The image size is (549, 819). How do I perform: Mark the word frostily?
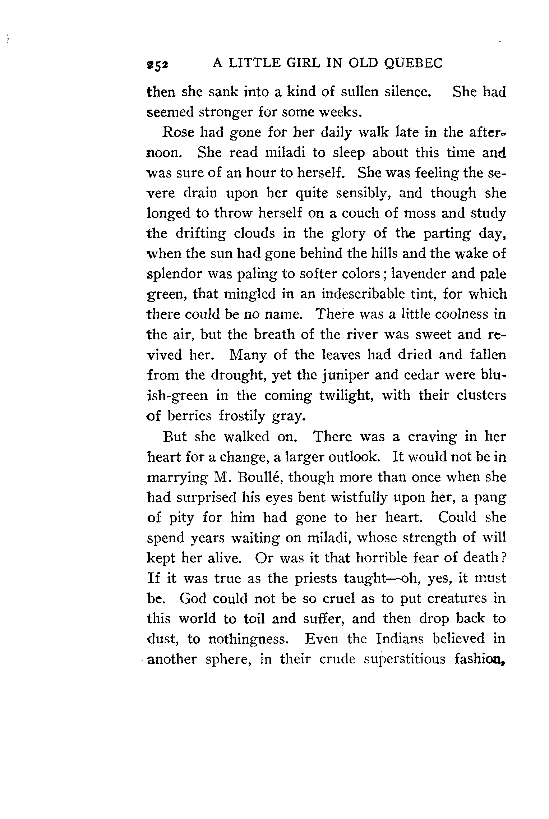point(242,416)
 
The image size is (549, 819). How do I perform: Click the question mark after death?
point(503,558)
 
